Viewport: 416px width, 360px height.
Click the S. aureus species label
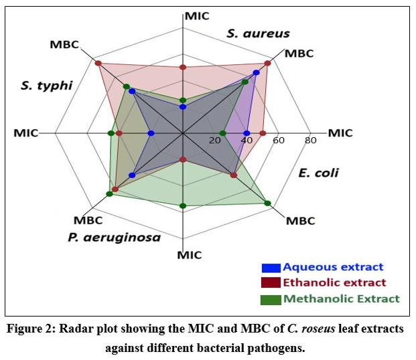(x=257, y=33)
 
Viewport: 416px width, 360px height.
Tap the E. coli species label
(x=319, y=173)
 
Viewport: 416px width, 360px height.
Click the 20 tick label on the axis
(x=215, y=141)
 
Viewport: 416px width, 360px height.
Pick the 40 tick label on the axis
(x=247, y=141)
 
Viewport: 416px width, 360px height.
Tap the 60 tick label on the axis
(x=278, y=141)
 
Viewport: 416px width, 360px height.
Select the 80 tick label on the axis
(x=310, y=141)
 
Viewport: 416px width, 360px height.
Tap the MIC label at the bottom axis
(x=190, y=255)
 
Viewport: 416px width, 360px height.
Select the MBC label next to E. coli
(x=299, y=220)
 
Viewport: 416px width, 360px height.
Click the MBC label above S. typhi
(x=64, y=45)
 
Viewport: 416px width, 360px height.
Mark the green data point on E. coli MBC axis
(x=268, y=203)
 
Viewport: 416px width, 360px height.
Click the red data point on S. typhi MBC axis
(x=98, y=64)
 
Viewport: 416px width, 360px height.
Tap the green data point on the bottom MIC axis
(x=182, y=205)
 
